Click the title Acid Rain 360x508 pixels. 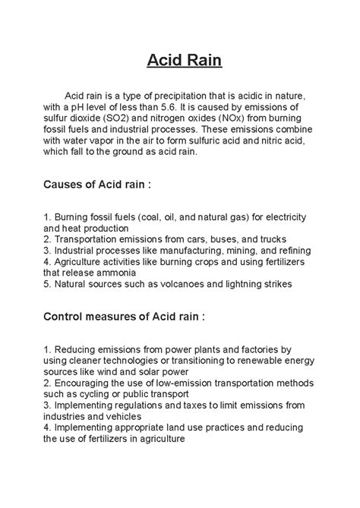click(179, 60)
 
